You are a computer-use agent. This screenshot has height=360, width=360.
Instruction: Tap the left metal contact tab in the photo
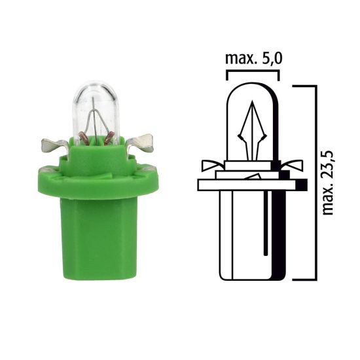coord(52,143)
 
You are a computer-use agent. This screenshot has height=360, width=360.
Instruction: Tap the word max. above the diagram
coord(240,60)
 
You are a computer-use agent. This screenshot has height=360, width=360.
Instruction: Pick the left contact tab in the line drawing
coord(211,166)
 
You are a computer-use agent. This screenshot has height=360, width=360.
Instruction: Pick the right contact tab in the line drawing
coord(292,166)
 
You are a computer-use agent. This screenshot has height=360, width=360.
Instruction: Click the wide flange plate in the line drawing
coord(249,185)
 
